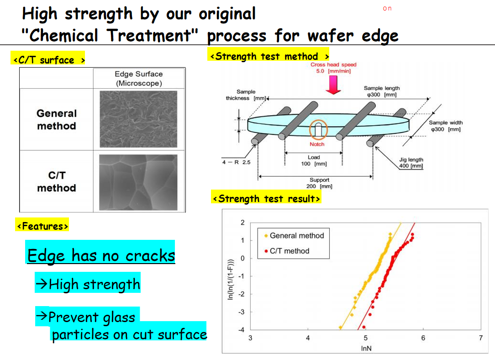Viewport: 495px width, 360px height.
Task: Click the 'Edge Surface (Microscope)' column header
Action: (x=138, y=79)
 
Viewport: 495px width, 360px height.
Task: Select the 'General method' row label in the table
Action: (x=57, y=120)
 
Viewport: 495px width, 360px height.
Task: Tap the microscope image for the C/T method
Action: (x=138, y=182)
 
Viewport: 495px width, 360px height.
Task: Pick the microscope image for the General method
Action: (x=138, y=119)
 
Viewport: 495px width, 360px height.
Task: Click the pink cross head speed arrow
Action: (x=333, y=85)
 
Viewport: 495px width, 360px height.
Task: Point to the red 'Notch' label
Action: (x=317, y=144)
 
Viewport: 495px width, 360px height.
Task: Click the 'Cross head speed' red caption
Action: (x=333, y=68)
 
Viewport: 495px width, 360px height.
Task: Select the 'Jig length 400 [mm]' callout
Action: (x=411, y=163)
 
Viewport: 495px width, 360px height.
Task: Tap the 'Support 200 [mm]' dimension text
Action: (x=319, y=183)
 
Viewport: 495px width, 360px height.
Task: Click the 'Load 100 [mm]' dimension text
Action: (x=314, y=160)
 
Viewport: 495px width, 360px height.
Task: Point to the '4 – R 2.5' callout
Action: (x=236, y=162)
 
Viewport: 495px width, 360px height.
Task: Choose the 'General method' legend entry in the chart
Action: (x=294, y=236)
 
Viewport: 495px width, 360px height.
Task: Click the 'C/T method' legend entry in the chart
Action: (x=287, y=251)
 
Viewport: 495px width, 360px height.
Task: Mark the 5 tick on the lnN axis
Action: (x=366, y=338)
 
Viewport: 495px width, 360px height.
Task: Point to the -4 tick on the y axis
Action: (x=242, y=330)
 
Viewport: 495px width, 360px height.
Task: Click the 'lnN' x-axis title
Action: (x=366, y=348)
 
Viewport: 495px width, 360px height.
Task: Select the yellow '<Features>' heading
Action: (x=42, y=226)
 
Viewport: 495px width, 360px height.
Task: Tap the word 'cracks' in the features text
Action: (x=150, y=256)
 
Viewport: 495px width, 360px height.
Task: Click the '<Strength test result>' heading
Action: (x=266, y=199)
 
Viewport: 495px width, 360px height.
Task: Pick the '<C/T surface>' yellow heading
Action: (x=48, y=59)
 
